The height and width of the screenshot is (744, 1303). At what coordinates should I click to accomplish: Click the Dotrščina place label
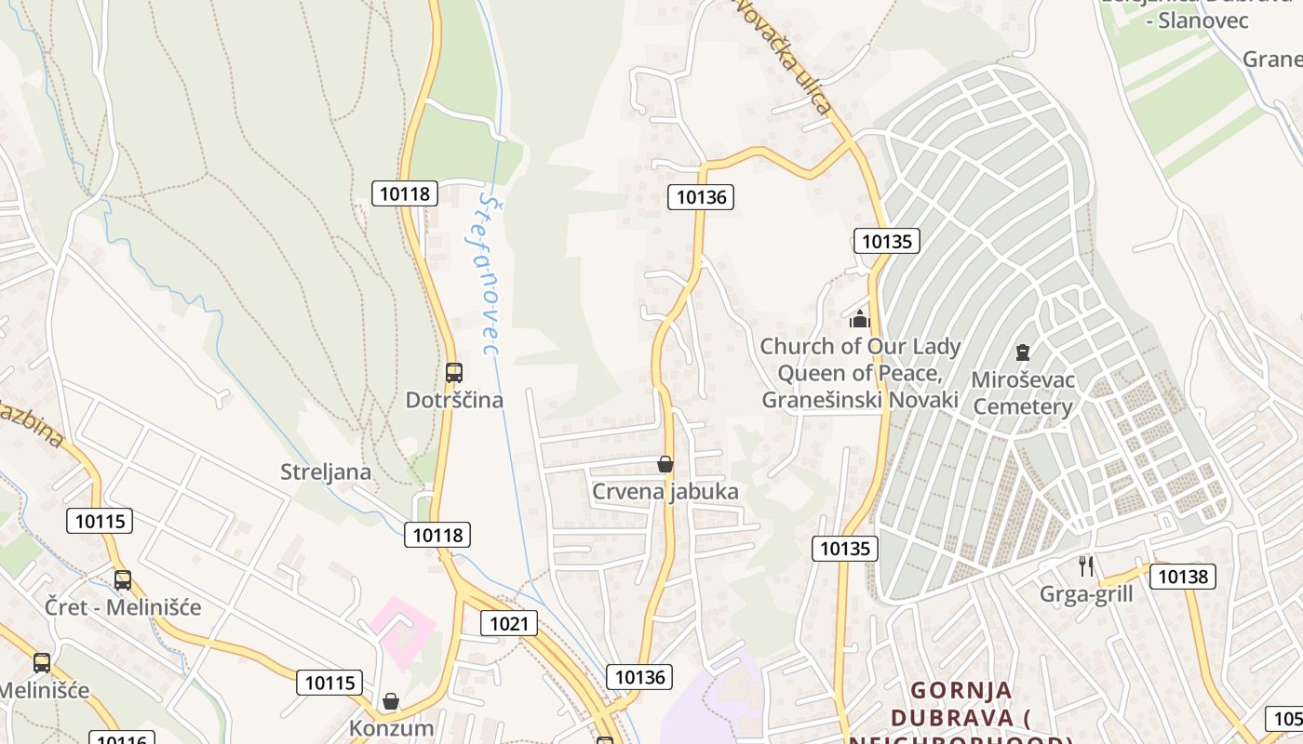pos(454,400)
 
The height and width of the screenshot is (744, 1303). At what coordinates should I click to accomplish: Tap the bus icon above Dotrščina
pos(454,373)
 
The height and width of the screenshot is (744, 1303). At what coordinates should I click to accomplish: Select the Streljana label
pos(326,472)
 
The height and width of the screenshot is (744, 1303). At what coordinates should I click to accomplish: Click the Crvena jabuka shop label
pos(665,492)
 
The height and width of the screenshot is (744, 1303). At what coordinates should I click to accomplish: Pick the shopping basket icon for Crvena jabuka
pos(665,463)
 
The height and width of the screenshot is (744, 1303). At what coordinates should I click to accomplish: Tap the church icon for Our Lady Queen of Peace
pos(859,319)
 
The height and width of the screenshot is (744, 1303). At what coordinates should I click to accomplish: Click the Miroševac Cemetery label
pos(1023,393)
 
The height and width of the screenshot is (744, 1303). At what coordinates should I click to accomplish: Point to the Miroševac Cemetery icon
pos(1023,352)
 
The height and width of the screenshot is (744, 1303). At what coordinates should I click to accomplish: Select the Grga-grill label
pos(1086,594)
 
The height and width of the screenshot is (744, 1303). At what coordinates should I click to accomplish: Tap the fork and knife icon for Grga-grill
pos(1085,565)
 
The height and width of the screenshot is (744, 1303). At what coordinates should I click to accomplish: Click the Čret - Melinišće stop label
pos(123,607)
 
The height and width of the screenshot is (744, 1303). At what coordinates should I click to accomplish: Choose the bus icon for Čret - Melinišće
pos(123,580)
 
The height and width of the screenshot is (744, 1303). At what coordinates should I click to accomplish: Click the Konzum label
pos(392,728)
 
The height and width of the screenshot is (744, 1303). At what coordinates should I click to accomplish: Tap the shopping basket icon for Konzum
pos(391,700)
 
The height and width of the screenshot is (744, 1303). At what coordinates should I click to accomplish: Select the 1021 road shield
pos(509,623)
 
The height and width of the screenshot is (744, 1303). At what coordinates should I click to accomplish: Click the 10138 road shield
pos(1183,577)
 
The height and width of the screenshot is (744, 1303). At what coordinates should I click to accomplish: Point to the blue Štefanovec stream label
pos(488,274)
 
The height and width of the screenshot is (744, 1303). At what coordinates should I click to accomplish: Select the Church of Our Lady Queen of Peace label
pos(860,373)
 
